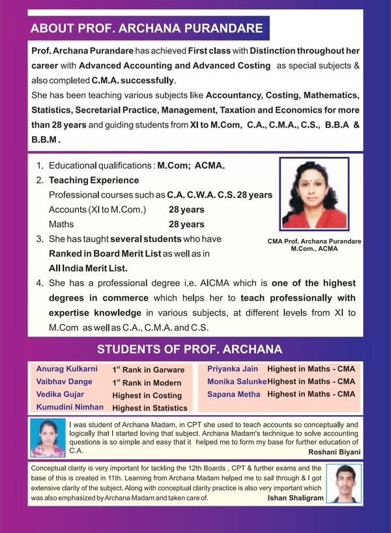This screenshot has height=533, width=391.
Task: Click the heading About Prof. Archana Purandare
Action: pyautogui.click(x=147, y=29)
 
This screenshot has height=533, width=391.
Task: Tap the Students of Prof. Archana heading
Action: pyautogui.click(x=190, y=349)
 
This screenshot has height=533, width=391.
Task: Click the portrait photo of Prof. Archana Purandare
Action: pyautogui.click(x=314, y=193)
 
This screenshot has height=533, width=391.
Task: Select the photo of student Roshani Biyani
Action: pyautogui.click(x=46, y=438)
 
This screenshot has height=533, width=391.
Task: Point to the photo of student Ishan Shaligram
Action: pyautogui.click(x=343, y=483)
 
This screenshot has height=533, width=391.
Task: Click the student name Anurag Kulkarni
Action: pyautogui.click(x=66, y=369)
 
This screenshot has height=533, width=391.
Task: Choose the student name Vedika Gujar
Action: pyautogui.click(x=60, y=394)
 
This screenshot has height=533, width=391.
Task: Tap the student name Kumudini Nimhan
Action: pyautogui.click(x=70, y=407)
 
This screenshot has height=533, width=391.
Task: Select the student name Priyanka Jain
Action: pyautogui.click(x=233, y=369)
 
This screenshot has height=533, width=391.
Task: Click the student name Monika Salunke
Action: pyautogui.click(x=237, y=381)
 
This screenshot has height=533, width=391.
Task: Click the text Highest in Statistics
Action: pyautogui.click(x=150, y=408)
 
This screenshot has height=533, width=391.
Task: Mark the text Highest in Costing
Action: pyautogui.click(x=147, y=395)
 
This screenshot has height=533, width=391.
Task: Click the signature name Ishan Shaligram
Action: pyautogui.click(x=295, y=498)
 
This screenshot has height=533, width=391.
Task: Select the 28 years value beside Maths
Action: pyautogui.click(x=186, y=225)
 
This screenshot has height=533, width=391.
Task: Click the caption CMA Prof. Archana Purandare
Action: pyautogui.click(x=314, y=241)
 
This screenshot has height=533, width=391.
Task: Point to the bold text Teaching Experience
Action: pyautogui.click(x=94, y=180)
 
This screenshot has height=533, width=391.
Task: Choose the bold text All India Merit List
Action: pyautogui.click(x=89, y=267)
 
